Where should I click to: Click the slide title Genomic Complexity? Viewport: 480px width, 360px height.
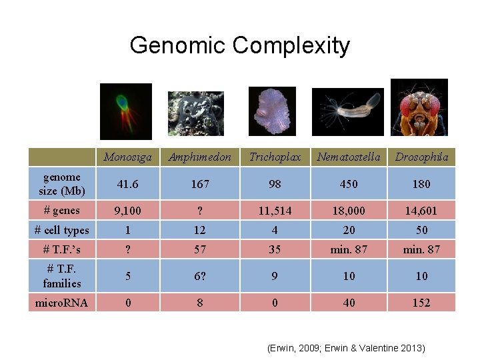coord(239,45)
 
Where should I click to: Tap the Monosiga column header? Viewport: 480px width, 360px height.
coord(127,157)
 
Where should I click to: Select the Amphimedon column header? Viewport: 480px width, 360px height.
coord(200,157)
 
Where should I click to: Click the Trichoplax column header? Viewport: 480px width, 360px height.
coord(275,157)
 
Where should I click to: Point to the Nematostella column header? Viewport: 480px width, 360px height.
coord(349,157)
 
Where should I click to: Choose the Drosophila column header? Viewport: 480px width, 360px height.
coord(421,157)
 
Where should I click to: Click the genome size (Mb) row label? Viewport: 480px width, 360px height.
coord(62,183)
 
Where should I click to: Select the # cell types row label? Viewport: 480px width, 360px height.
coord(62,230)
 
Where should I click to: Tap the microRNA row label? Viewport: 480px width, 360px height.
coord(62,303)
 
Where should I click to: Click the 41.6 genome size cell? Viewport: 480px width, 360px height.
coord(127,184)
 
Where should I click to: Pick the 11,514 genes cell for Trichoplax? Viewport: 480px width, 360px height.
coord(275,211)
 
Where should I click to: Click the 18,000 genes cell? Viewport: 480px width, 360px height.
coord(349,211)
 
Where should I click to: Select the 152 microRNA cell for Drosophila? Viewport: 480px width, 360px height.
coord(421,303)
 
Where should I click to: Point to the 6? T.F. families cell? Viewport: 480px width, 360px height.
coord(200,276)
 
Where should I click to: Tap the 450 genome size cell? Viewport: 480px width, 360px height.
coord(349,184)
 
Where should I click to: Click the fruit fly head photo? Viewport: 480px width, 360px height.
coord(419,107)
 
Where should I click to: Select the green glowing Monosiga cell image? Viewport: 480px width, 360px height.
coord(126,111)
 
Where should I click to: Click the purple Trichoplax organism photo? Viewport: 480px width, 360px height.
coord(271,111)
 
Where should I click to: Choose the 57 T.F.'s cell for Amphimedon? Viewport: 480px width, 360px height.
coord(200,249)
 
